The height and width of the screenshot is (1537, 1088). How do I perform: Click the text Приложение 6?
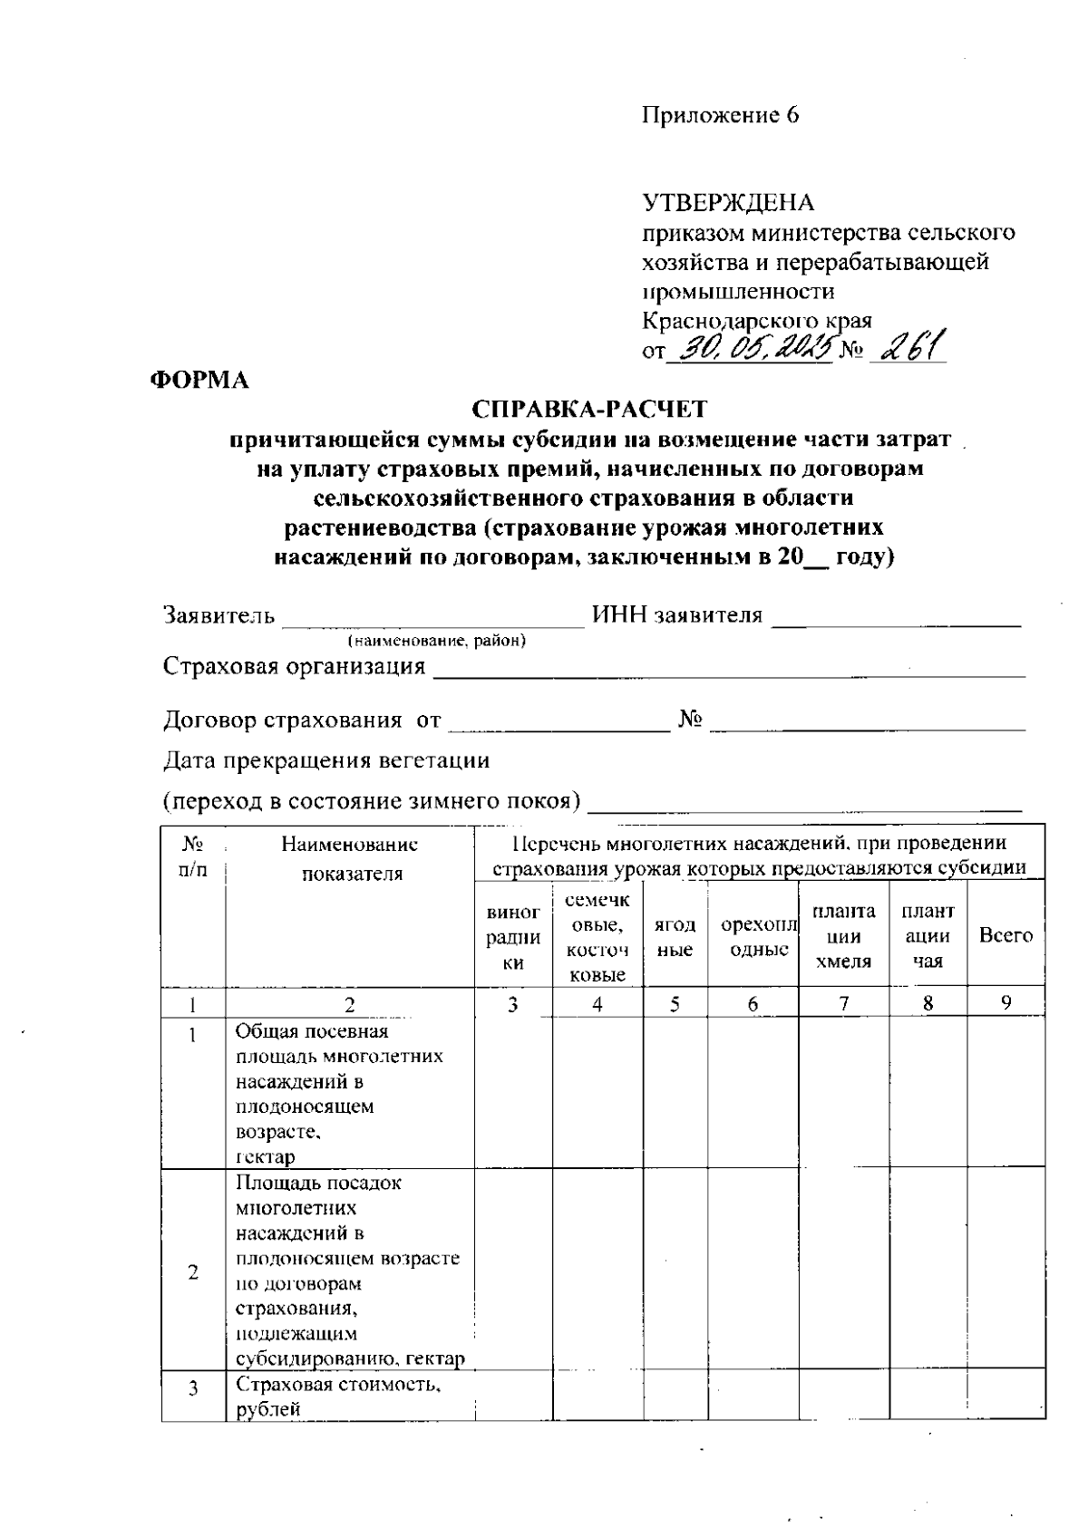721,115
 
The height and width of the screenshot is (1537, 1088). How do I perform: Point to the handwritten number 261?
907,344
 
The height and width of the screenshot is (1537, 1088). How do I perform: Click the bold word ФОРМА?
199,381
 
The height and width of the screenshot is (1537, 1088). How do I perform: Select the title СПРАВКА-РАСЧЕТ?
589,410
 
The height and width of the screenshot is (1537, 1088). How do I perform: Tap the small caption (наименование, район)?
437,642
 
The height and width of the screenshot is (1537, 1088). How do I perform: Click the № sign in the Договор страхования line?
691,720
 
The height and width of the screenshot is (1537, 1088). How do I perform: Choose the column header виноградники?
513,938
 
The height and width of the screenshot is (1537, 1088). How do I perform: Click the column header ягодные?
675,937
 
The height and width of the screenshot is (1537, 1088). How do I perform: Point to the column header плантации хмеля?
843,937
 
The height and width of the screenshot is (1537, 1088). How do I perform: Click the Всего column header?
1005,935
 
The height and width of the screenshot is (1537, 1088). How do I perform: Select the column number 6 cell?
753,1004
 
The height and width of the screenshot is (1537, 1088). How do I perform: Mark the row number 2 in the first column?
193,1271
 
